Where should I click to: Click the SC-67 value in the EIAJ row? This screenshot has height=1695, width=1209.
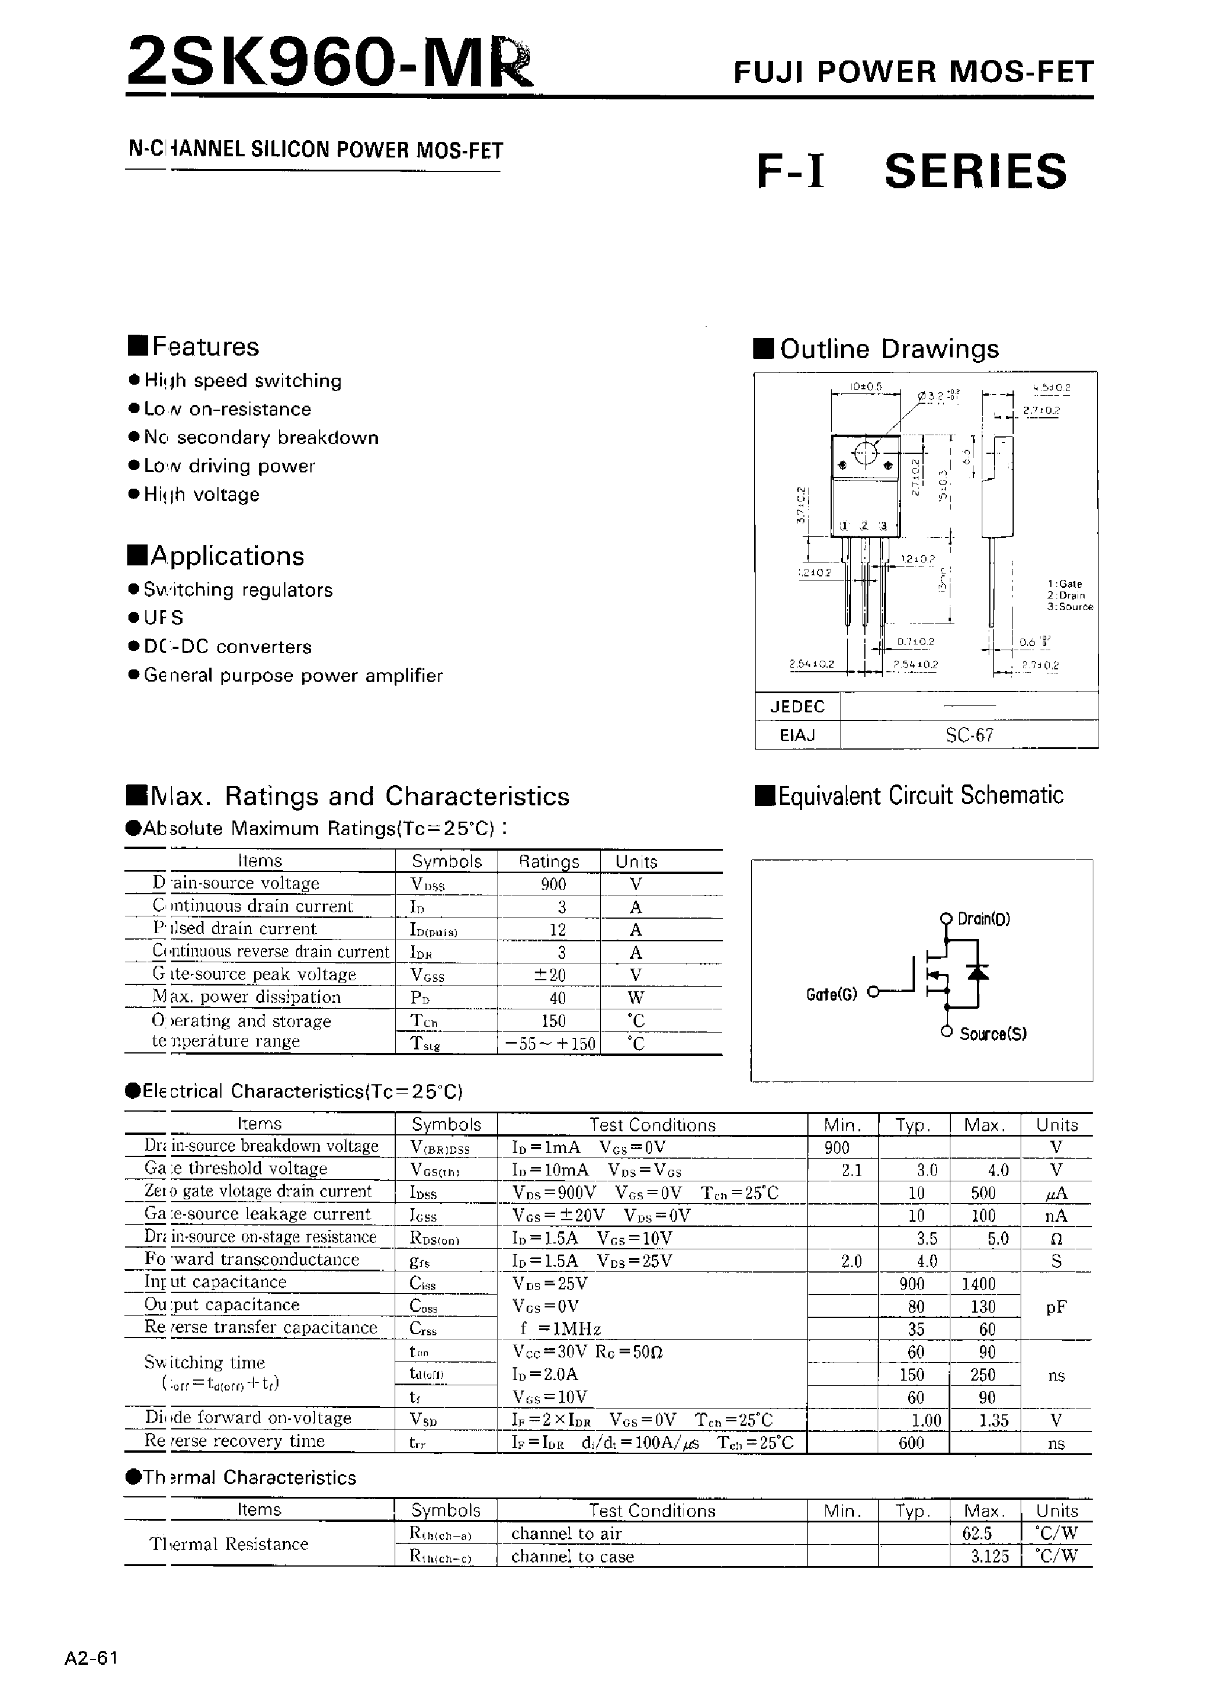[x=970, y=735]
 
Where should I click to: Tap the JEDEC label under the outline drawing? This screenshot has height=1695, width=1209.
[x=797, y=706]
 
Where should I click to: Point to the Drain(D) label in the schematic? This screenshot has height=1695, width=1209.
[x=983, y=919]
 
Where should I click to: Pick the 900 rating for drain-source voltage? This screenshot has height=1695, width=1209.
[x=553, y=884]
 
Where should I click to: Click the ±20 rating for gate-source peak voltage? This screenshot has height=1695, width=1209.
[x=551, y=974]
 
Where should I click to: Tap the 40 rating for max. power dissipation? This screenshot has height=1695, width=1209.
[x=557, y=998]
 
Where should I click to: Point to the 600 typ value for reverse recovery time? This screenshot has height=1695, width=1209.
[x=911, y=1443]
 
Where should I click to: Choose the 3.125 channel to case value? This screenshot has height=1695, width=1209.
[x=990, y=1556]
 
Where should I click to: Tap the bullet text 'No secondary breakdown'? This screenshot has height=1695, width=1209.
[x=260, y=438]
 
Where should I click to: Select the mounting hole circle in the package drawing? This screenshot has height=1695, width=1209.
[x=865, y=453]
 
